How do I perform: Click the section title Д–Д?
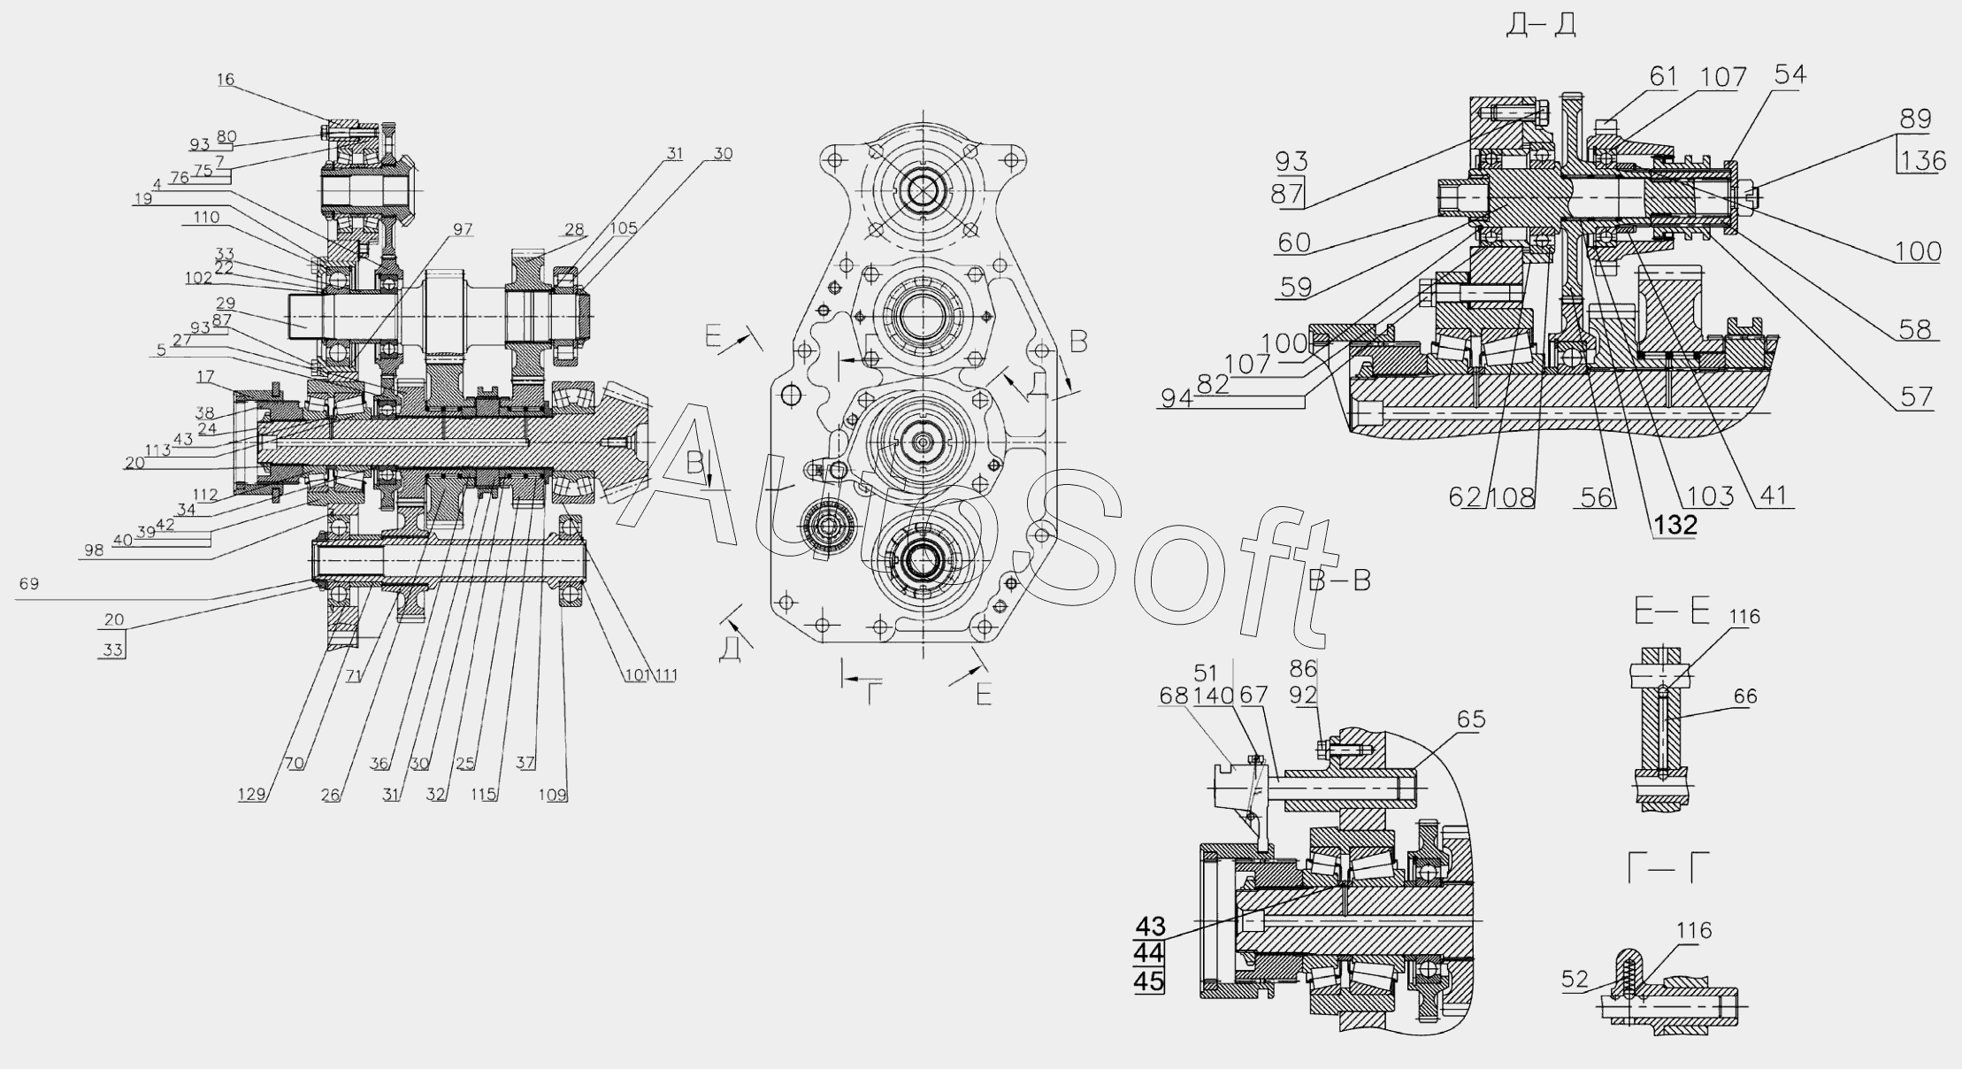[x=1541, y=26]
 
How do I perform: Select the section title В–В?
[x=1338, y=581]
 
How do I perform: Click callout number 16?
[x=225, y=80]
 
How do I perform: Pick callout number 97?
[x=463, y=230]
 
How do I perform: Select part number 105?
[x=624, y=229]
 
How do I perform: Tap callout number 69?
[x=28, y=584]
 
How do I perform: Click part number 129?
[x=252, y=794]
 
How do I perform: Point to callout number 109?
[x=553, y=794]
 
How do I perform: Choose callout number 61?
[x=1663, y=77]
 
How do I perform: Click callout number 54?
[x=1790, y=74]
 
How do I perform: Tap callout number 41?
[x=1773, y=496]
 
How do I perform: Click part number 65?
[x=1471, y=719]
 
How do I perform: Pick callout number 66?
[x=1745, y=696]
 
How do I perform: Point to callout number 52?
[x=1575, y=980]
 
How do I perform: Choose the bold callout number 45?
[x=1150, y=981]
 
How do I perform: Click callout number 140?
[x=1214, y=696]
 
